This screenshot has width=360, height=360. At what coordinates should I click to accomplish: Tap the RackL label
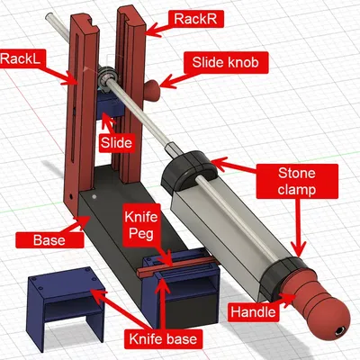pyautogui.click(x=22, y=58)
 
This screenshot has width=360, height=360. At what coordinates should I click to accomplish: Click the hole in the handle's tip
pyautogui.click(x=340, y=331)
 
